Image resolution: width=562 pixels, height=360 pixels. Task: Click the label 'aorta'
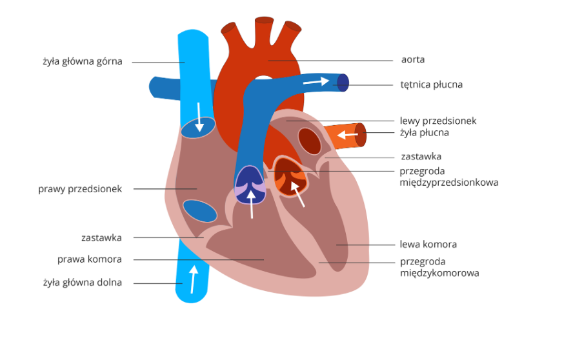[x=413, y=60]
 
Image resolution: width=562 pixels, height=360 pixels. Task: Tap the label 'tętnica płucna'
[x=431, y=85]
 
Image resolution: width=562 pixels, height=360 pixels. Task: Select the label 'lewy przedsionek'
[x=438, y=121]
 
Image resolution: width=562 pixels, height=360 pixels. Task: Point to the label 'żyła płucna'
[x=424, y=133]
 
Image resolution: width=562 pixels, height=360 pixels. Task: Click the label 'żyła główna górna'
[x=82, y=62]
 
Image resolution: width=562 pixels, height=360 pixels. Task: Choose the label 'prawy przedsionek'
[x=80, y=189]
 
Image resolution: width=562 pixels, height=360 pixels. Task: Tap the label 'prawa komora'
[x=90, y=259]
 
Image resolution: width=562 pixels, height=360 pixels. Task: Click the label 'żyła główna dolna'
[x=82, y=283]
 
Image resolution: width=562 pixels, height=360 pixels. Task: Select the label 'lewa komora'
[x=428, y=245]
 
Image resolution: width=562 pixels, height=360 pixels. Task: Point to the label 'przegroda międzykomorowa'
[x=439, y=267]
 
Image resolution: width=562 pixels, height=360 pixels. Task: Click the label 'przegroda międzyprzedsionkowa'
[x=448, y=177]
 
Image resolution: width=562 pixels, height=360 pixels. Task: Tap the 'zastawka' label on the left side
[x=101, y=237]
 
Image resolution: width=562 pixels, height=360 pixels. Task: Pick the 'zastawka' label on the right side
[x=421, y=157]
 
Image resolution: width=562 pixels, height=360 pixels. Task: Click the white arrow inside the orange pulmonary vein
[x=347, y=135]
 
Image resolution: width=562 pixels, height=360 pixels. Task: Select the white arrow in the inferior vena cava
[x=192, y=278]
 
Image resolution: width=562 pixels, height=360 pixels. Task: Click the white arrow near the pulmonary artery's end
[x=316, y=81]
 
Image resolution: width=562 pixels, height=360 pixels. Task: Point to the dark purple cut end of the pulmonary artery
[x=343, y=83]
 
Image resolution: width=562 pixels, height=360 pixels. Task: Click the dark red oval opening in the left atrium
[x=309, y=141]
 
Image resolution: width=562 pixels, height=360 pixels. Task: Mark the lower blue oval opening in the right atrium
[x=199, y=210]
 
